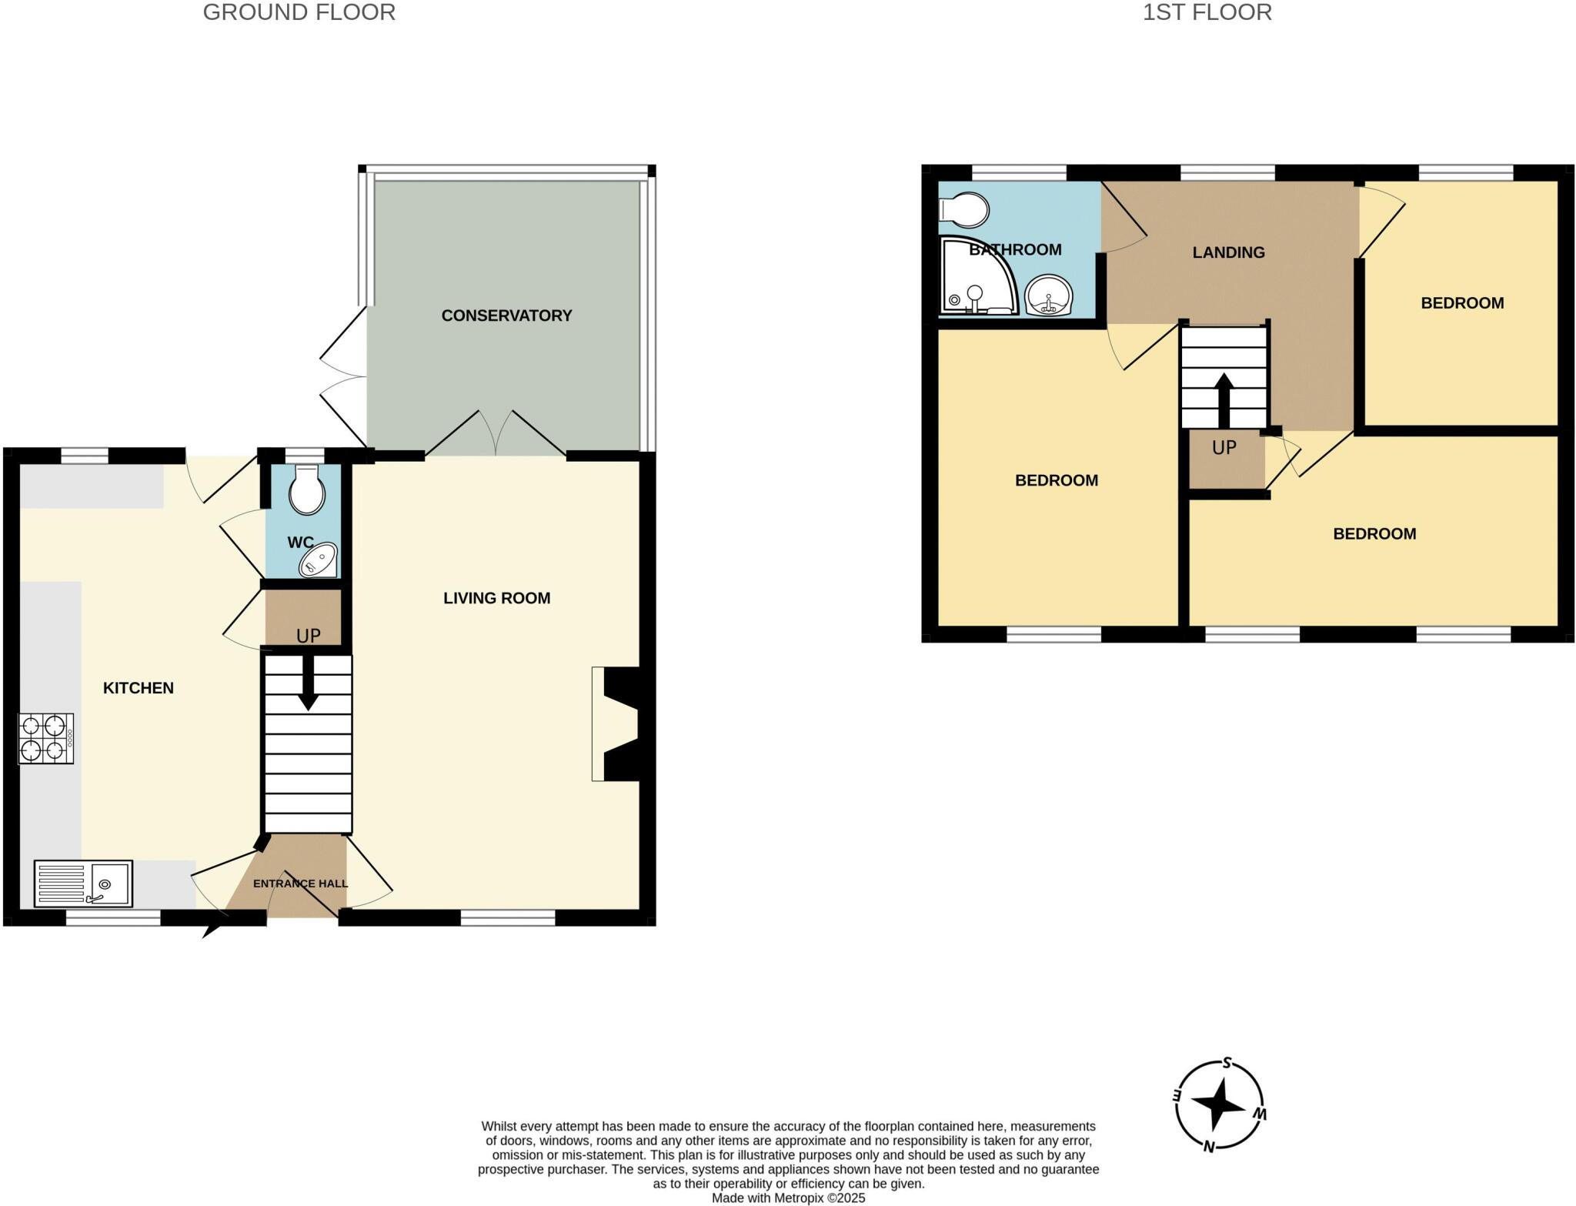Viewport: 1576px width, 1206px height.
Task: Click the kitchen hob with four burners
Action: pos(46,738)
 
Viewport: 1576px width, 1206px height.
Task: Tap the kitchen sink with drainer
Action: pos(83,883)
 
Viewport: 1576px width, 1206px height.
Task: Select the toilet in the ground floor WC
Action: pos(306,489)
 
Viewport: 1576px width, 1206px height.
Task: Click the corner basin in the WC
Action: pos(320,560)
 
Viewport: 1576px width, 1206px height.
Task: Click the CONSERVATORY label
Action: pos(506,316)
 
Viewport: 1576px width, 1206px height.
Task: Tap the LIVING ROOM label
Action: pos(496,598)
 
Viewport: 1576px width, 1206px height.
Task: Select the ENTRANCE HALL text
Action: pos(300,883)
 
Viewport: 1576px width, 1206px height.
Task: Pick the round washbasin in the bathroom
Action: pos(1049,295)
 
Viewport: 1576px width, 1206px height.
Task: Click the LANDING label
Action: pos(1228,252)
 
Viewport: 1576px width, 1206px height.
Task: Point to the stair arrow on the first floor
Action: pos(1223,399)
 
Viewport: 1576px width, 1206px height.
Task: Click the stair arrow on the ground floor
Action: pos(308,682)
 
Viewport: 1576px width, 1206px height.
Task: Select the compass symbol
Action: pos(1220,1106)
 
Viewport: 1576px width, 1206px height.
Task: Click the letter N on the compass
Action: pos(1209,1147)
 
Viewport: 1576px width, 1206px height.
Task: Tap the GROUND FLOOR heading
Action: pos(299,12)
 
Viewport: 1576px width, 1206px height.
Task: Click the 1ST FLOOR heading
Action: pos(1207,12)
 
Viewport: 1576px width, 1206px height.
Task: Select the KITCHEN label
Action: pos(139,688)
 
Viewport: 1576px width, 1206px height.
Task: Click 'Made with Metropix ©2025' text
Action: pos(788,1198)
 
